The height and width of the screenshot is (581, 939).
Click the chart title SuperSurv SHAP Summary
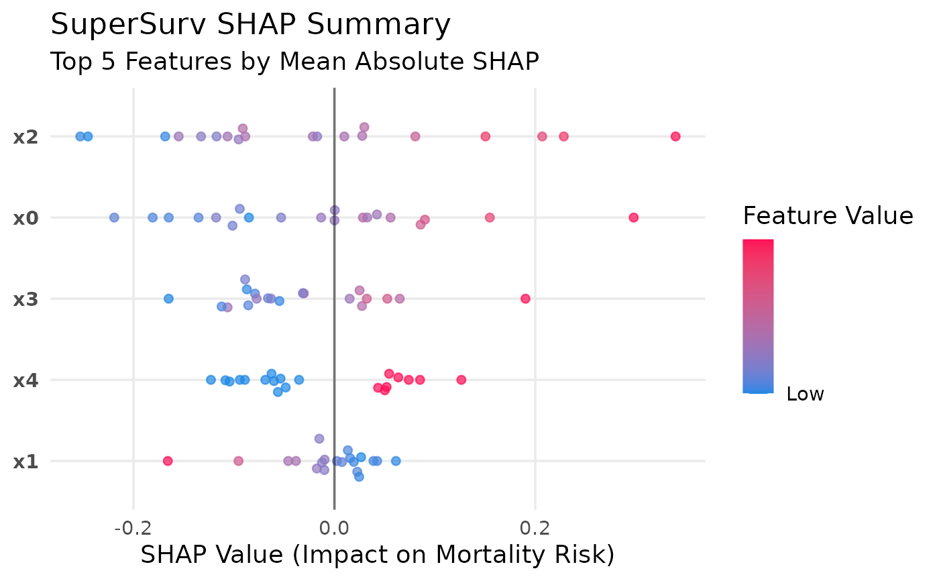(x=250, y=25)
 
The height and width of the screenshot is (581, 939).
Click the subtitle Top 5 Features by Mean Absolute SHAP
(x=294, y=62)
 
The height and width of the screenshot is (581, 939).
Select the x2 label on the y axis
(x=26, y=137)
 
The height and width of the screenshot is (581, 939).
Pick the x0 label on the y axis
(x=26, y=218)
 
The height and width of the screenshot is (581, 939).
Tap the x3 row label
(x=26, y=299)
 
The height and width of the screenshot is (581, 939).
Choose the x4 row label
(x=26, y=380)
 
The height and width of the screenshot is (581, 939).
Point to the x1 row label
(x=26, y=462)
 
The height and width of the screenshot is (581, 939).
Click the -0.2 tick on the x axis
(x=133, y=529)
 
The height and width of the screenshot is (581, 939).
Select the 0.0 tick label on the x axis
(x=334, y=529)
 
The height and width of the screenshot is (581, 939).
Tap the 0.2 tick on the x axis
(x=535, y=529)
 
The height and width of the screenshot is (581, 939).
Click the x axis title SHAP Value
(x=377, y=555)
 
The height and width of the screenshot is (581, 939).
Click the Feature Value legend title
(x=828, y=216)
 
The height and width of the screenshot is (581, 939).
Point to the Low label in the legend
(x=805, y=394)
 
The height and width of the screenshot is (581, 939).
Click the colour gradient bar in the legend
(x=758, y=315)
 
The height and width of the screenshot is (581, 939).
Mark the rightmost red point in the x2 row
(x=675, y=137)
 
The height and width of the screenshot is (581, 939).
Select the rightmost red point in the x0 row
(x=633, y=217)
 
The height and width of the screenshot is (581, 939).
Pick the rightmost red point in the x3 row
(x=525, y=299)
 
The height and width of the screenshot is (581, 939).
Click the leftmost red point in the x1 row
(x=168, y=461)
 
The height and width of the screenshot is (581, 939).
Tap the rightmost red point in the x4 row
(x=461, y=380)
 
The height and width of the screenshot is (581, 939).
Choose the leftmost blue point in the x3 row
(x=168, y=299)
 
